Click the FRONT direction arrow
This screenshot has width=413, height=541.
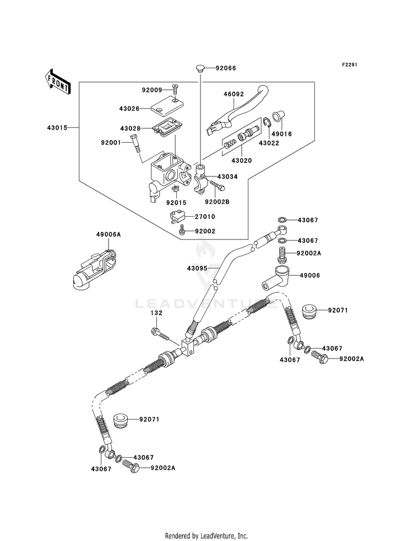tap(58, 81)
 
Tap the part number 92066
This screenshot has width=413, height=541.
tap(226, 68)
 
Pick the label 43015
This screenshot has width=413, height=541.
tap(57, 128)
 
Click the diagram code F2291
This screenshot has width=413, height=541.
tap(350, 65)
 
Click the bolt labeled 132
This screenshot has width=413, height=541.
tap(161, 334)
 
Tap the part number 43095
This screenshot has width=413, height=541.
tap(198, 267)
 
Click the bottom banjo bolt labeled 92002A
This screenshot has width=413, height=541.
tap(131, 466)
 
